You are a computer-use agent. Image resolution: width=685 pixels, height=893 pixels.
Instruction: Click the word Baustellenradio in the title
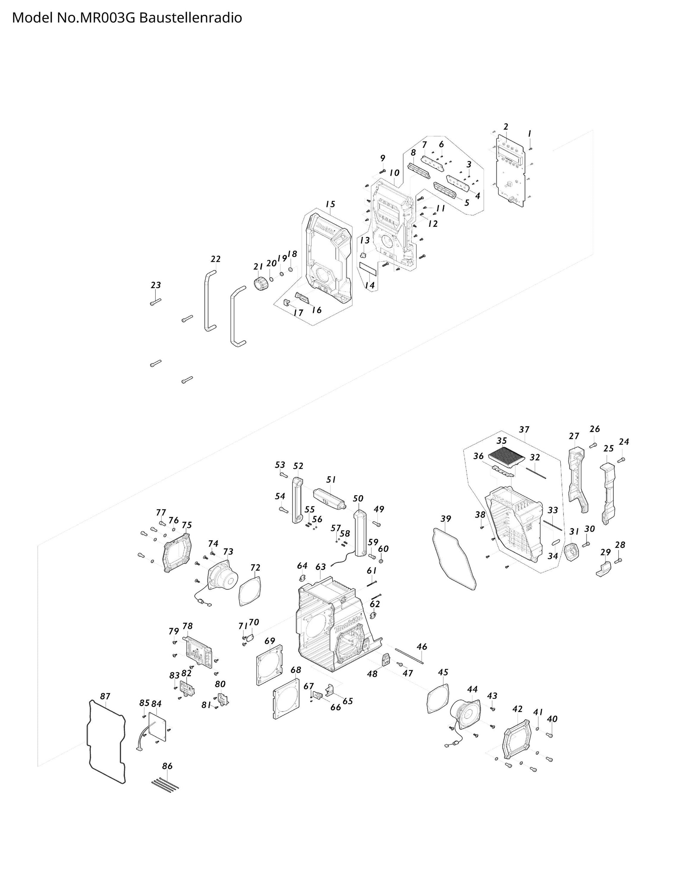190,18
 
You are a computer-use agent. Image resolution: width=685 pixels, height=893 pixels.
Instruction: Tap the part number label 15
330,204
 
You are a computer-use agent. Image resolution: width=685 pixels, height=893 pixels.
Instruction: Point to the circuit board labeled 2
511,169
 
